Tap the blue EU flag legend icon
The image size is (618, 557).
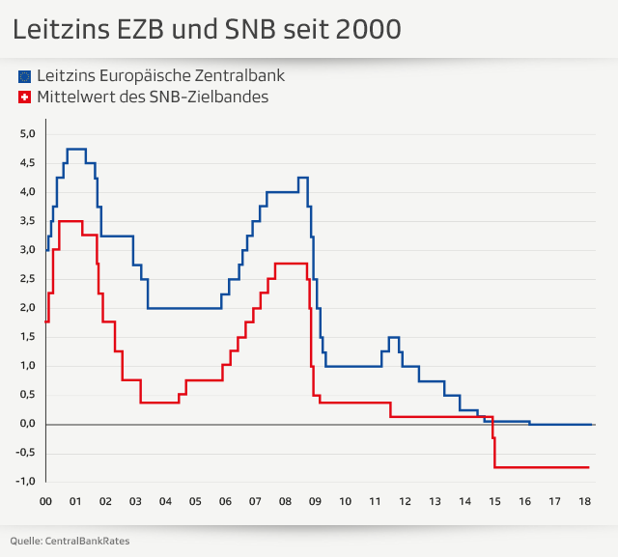pyautogui.click(x=24, y=75)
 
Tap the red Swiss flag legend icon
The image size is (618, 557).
pyautogui.click(x=24, y=97)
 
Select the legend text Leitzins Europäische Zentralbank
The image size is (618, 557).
pyautogui.click(x=160, y=75)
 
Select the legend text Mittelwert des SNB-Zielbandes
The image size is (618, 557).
pyautogui.click(x=153, y=97)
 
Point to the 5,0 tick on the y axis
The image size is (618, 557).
pyautogui.click(x=27, y=134)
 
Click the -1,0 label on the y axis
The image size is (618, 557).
pyautogui.click(x=25, y=482)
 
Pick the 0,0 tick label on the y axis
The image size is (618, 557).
pyautogui.click(x=27, y=424)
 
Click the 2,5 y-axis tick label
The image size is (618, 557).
pyautogui.click(x=27, y=279)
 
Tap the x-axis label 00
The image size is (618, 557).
pyautogui.click(x=45, y=502)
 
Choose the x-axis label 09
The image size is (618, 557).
pyautogui.click(x=315, y=502)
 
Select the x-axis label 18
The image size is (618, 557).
pyautogui.click(x=584, y=502)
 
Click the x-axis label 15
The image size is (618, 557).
pyautogui.click(x=494, y=502)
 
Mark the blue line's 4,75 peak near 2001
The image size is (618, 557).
pyautogui.click(x=76, y=150)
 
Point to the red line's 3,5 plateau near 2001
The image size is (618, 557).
pyautogui.click(x=70, y=222)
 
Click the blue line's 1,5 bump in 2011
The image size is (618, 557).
pyautogui.click(x=393, y=338)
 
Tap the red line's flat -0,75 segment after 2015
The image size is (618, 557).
pyautogui.click(x=541, y=467)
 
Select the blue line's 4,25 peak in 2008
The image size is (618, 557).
pyautogui.click(x=302, y=178)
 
